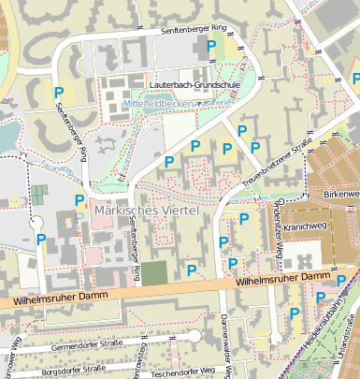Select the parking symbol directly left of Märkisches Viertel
point(79,200)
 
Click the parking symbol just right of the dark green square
point(192,270)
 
